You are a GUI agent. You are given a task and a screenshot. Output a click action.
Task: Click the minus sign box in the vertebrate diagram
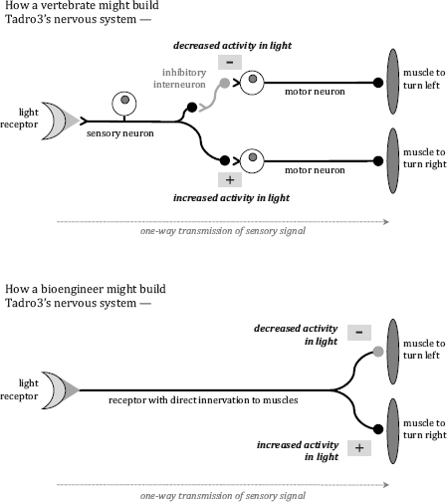(x=230, y=62)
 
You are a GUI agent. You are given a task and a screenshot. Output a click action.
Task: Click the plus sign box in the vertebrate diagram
(x=230, y=180)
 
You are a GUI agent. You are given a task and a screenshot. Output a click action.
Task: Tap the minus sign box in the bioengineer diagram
(x=359, y=333)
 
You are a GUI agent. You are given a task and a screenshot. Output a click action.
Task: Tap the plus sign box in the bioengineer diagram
(x=359, y=448)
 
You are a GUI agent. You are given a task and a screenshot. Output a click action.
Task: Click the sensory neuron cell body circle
(x=124, y=103)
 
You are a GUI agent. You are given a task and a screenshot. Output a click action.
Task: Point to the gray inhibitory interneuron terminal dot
(x=225, y=83)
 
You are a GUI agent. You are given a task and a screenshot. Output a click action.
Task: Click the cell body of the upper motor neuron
(x=252, y=82)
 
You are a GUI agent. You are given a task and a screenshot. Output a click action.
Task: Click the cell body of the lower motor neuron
(x=252, y=160)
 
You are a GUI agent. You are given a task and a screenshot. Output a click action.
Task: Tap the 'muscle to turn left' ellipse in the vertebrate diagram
(x=393, y=82)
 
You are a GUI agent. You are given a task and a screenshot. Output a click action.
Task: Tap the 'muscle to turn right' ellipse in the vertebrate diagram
(x=393, y=160)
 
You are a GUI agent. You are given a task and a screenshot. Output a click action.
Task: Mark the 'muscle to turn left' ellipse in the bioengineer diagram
(x=393, y=352)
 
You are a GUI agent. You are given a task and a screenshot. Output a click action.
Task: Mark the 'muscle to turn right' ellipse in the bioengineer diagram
(x=393, y=431)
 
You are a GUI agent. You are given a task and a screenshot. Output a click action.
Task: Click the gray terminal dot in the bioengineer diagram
(x=378, y=352)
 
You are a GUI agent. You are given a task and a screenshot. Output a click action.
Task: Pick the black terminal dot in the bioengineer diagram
(x=378, y=429)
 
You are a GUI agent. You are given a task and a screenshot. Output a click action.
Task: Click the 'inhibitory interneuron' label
(x=179, y=79)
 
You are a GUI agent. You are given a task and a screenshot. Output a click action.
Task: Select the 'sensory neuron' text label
(x=120, y=133)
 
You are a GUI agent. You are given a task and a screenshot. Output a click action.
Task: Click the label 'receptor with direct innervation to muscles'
(x=203, y=400)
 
